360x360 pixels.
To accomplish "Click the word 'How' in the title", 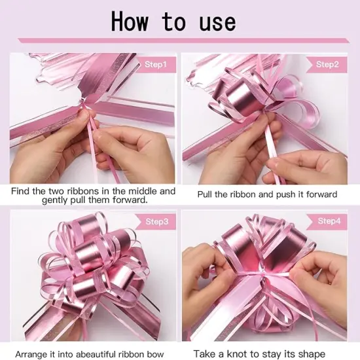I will pyautogui.click(x=134, y=22).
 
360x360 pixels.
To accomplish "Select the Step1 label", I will pyautogui.click(x=156, y=64).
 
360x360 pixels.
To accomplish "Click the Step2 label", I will pyautogui.click(x=327, y=64).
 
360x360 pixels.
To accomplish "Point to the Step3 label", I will pyautogui.click(x=156, y=221).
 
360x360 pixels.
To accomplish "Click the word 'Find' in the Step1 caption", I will pyautogui.click(x=21, y=191).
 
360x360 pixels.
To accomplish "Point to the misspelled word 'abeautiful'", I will pyautogui.click(x=99, y=353).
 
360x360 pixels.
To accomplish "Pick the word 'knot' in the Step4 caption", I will pyautogui.click(x=248, y=353).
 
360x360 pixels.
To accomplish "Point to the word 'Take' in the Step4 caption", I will pyautogui.click(x=205, y=353).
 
